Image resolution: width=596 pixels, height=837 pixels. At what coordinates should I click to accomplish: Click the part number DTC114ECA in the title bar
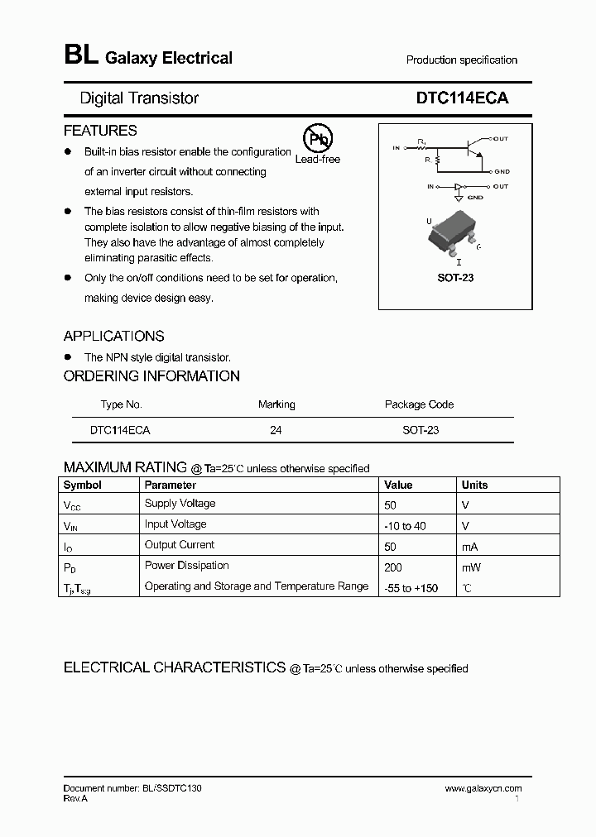462,98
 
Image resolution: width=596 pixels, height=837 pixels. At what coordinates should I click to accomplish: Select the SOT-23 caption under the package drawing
455,278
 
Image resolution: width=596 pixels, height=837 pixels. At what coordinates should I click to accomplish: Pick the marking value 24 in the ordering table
276,430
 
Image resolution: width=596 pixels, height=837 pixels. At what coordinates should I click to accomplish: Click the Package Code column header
419,404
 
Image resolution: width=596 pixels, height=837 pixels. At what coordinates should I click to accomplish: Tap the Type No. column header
121,404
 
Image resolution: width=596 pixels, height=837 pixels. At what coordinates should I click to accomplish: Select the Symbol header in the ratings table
83,485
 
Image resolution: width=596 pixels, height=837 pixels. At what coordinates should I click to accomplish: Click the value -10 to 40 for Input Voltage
406,526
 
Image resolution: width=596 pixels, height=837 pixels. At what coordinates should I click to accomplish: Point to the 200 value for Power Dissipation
393,567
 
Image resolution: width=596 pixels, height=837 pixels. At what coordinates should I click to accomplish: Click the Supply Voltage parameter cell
180,504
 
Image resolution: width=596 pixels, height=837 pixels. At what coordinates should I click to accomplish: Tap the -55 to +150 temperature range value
411,588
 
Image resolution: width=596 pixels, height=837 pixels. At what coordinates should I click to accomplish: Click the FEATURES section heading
100,131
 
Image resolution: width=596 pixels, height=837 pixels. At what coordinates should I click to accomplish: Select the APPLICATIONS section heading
113,336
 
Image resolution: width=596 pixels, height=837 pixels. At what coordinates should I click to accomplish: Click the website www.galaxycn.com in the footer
483,789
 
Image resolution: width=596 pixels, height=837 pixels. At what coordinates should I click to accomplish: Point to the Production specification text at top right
461,60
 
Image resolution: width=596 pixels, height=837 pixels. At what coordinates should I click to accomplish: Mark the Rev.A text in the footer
75,799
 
